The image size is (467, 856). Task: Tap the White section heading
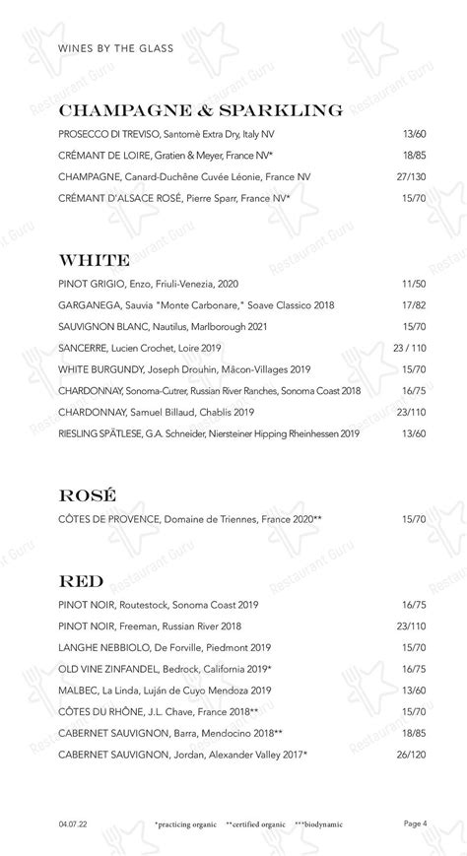[95, 261]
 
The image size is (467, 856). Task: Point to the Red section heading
[82, 580]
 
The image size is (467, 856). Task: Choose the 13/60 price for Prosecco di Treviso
[414, 134]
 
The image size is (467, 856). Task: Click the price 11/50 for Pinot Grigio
[414, 283]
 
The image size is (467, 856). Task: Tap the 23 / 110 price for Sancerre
[410, 348]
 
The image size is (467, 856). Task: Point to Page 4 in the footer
[415, 823]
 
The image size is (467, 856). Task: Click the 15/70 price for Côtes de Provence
[414, 519]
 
